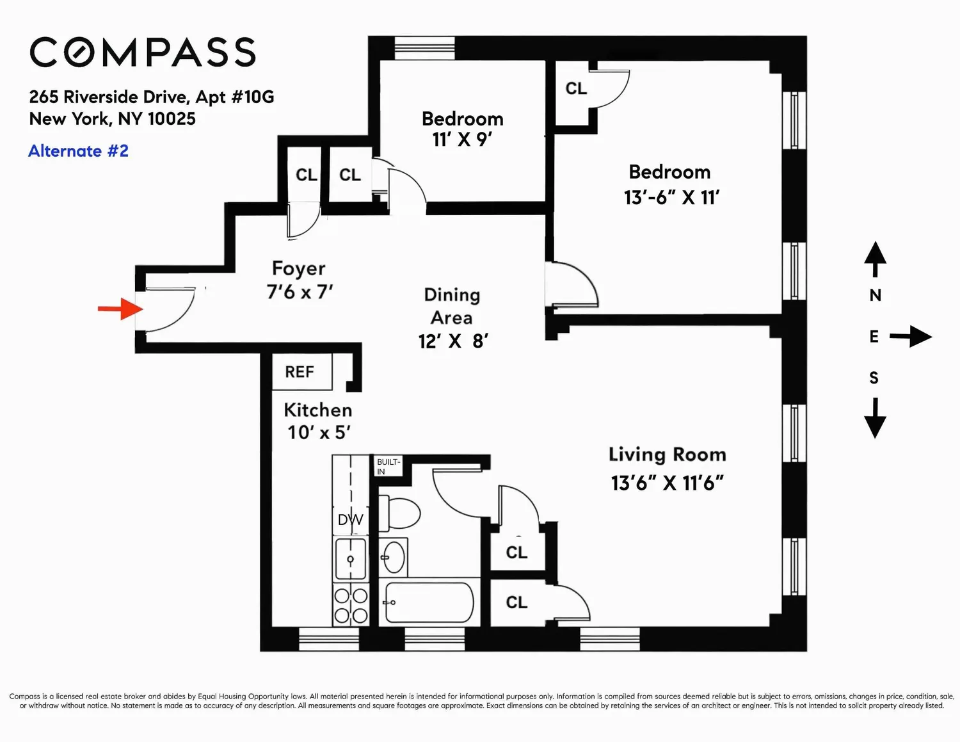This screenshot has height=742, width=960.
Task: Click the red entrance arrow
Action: (x=120, y=309)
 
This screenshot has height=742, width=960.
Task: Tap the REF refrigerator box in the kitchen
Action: (x=301, y=372)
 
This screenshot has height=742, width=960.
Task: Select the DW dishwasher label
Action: (x=350, y=520)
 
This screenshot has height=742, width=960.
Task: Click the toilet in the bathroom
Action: (x=399, y=513)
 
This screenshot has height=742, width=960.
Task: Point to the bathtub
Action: (x=429, y=602)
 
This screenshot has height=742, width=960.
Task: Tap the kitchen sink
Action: (x=351, y=559)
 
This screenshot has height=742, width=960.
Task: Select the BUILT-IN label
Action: (x=388, y=467)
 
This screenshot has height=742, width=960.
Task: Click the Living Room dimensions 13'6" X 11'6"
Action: (x=668, y=483)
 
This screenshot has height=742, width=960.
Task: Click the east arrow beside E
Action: (x=911, y=337)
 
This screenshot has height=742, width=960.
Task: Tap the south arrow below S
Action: (x=875, y=418)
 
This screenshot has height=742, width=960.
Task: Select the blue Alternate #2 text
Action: (x=79, y=150)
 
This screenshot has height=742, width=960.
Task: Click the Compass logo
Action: (x=143, y=52)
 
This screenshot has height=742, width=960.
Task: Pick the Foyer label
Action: (x=299, y=268)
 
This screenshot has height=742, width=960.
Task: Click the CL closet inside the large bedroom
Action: (x=576, y=88)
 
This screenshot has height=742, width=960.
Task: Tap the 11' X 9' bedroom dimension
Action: (x=462, y=140)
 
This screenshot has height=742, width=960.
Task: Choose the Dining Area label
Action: (x=452, y=306)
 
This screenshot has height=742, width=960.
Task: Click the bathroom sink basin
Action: (x=393, y=557)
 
